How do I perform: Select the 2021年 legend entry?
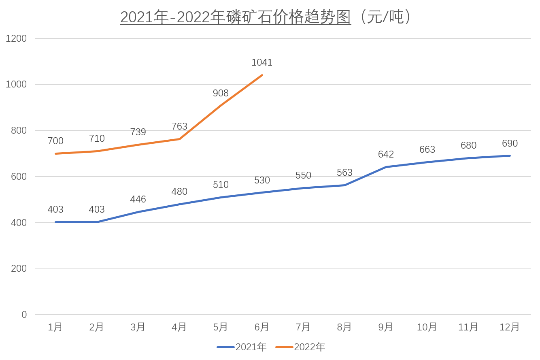tap(242, 347)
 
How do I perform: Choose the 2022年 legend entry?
tap(300, 347)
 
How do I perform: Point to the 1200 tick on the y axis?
tap(17, 38)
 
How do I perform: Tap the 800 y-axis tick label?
tap(19, 130)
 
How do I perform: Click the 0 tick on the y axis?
tap(24, 315)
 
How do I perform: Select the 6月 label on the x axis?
tap(262, 327)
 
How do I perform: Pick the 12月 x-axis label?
tap(509, 327)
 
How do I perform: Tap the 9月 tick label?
tap(386, 327)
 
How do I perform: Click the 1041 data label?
tap(262, 62)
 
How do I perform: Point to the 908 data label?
tap(221, 93)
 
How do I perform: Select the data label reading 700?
tap(55, 141)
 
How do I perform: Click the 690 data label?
tap(510, 143)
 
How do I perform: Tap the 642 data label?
tap(386, 154)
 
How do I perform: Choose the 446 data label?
tap(138, 199)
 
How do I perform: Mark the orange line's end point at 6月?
tap(262, 75)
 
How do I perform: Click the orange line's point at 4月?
tap(179, 139)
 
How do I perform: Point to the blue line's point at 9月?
tap(386, 167)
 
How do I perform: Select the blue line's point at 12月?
tap(510, 156)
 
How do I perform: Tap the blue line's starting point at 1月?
tap(55, 222)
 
